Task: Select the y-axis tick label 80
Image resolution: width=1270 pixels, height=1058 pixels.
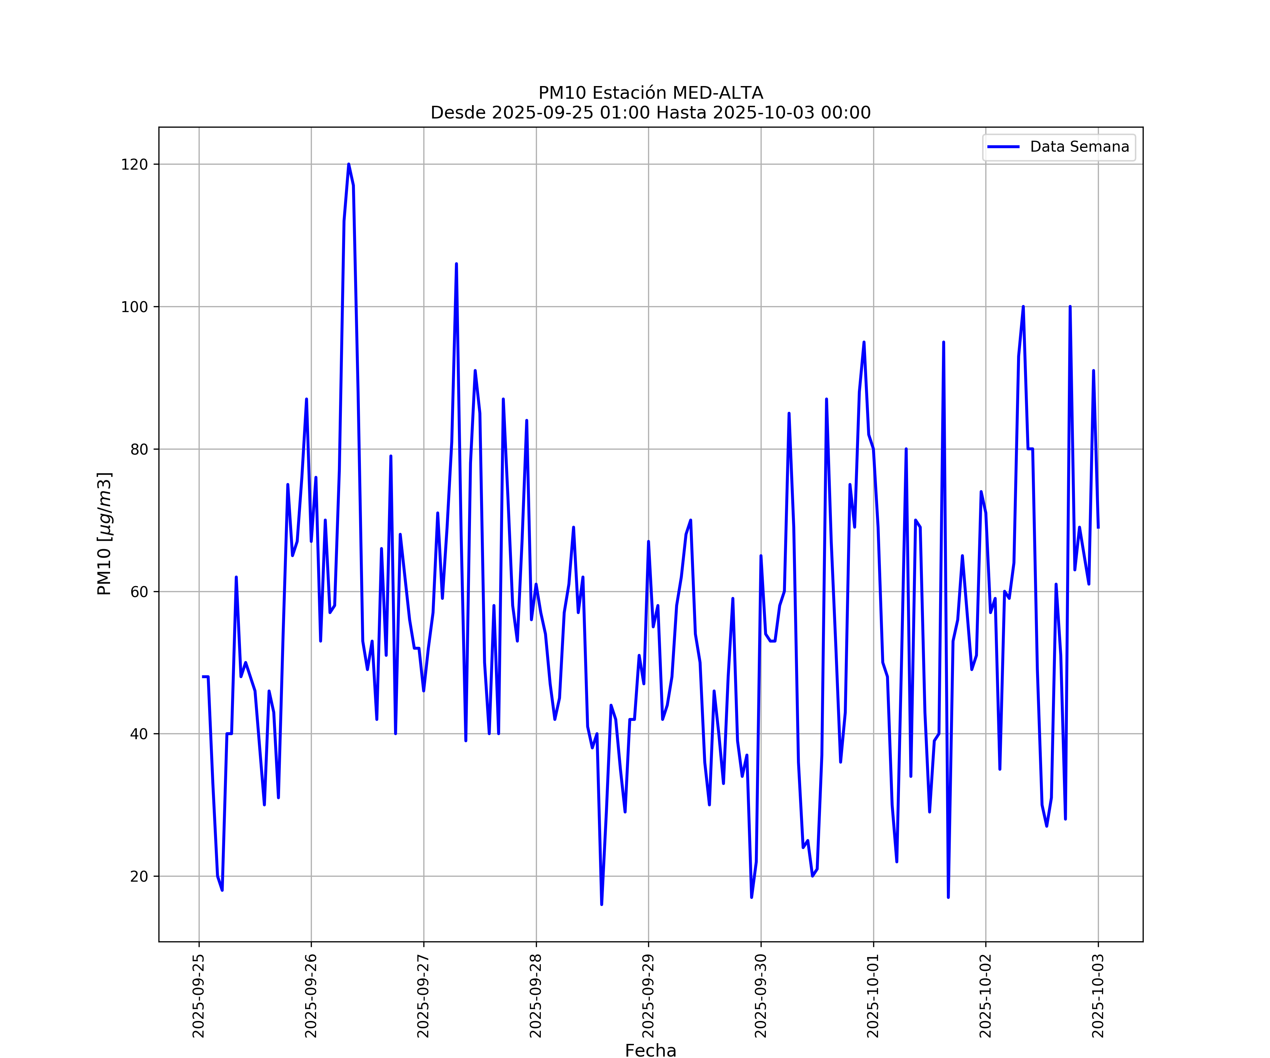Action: coord(139,449)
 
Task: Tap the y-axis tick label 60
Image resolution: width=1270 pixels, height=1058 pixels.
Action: coord(139,591)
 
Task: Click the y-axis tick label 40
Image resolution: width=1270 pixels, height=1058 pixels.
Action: coord(139,734)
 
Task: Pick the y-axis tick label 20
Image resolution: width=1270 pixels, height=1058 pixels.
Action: coord(139,876)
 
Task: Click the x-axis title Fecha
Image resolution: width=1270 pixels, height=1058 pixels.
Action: coord(650,1051)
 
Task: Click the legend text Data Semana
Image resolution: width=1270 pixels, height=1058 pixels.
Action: coord(1079,147)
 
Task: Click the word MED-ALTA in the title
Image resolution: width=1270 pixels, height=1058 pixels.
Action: coord(718,93)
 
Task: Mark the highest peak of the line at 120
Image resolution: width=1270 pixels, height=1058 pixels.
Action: coord(349,164)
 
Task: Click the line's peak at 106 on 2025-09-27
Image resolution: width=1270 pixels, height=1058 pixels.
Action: coord(456,264)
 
